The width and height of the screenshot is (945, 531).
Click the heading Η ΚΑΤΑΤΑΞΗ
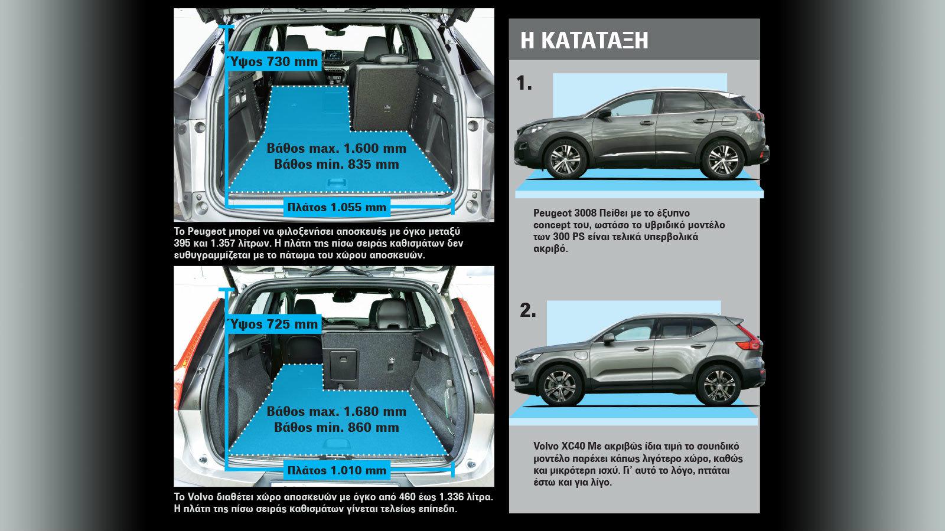click(x=584, y=40)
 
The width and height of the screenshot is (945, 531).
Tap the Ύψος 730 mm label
click(x=272, y=62)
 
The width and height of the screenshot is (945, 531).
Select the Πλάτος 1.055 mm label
click(x=337, y=207)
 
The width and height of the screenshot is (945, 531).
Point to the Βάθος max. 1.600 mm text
click(x=337, y=148)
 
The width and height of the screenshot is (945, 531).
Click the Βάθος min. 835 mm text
click(x=337, y=164)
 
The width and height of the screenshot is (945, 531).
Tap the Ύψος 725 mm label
click(x=272, y=324)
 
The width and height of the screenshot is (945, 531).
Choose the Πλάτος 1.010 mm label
click(x=337, y=470)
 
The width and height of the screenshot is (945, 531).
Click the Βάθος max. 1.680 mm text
click(x=337, y=411)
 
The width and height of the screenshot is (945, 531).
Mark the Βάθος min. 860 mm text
click(x=337, y=427)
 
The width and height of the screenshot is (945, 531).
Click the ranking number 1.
click(x=524, y=83)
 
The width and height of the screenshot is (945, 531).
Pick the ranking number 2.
click(x=528, y=310)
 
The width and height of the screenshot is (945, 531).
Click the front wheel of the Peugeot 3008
click(x=565, y=160)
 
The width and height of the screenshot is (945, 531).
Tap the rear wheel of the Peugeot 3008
click(x=722, y=160)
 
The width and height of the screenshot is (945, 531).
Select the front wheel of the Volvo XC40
click(x=561, y=386)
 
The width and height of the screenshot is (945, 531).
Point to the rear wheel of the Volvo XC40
click(x=718, y=386)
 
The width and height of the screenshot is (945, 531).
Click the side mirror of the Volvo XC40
click(x=608, y=338)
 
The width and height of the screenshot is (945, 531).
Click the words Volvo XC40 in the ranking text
click(x=558, y=446)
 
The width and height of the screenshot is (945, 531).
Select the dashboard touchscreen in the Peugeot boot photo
click(x=333, y=56)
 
